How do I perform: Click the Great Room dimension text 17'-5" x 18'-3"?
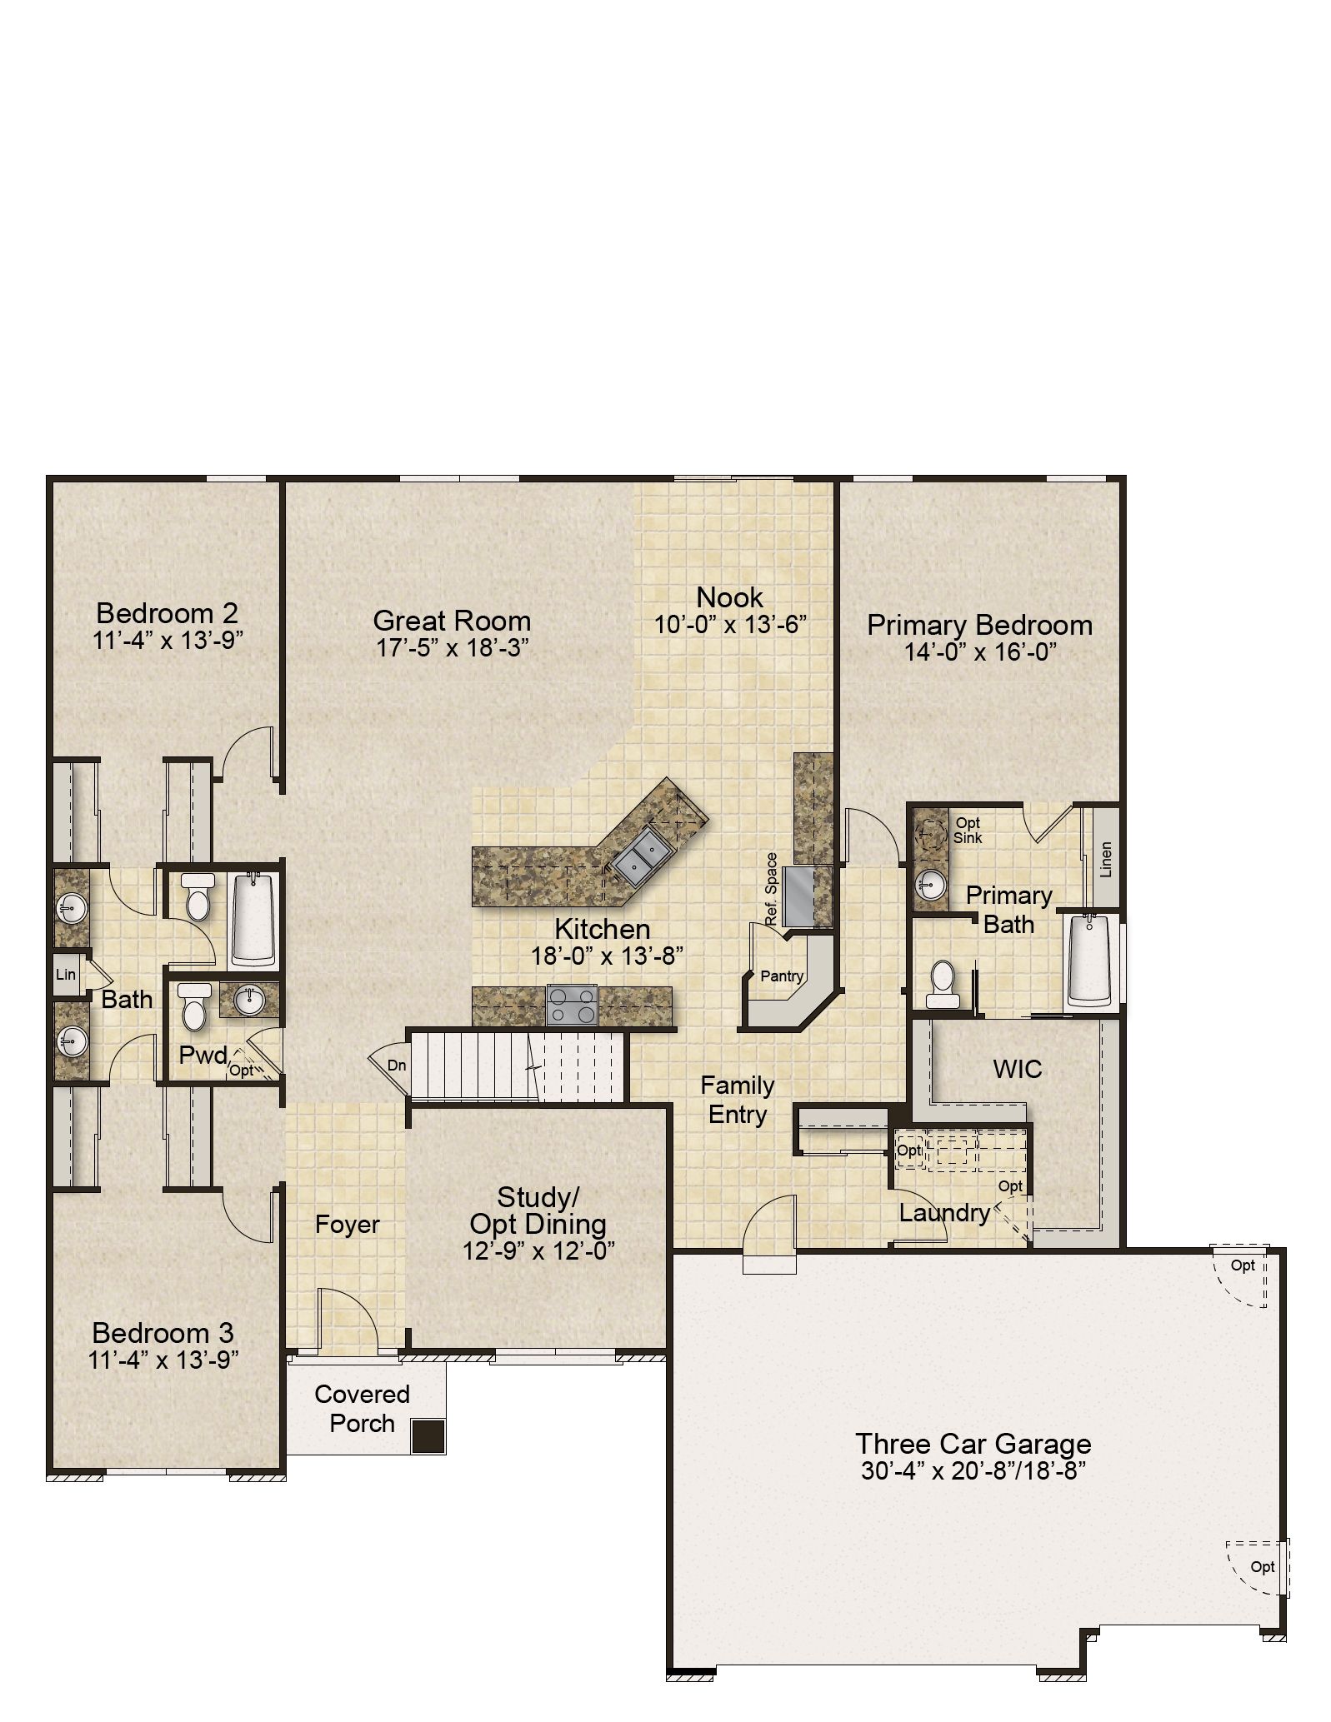[x=453, y=647]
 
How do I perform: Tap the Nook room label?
[x=730, y=596]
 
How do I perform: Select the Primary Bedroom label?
[x=979, y=625]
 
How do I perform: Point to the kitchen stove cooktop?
[x=572, y=1004]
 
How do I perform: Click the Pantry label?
[x=782, y=976]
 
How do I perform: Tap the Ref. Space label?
[x=772, y=888]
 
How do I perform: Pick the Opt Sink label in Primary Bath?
[x=968, y=831]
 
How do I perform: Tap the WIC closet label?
[x=1018, y=1069]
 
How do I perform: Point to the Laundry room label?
[x=944, y=1213]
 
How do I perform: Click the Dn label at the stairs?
[x=397, y=1065]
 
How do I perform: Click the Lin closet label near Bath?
[x=65, y=974]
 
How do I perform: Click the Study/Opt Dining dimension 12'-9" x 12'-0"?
[x=539, y=1251]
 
